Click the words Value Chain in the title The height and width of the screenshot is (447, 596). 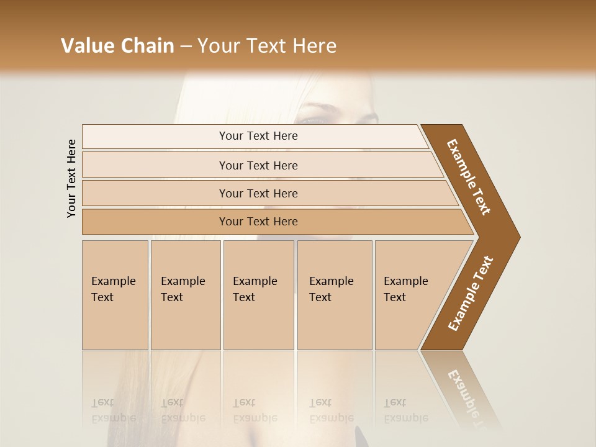[x=117, y=46]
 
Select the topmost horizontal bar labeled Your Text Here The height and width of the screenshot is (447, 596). [x=258, y=136]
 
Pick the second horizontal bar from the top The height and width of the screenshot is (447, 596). [x=258, y=165]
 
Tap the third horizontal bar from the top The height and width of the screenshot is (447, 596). [x=258, y=193]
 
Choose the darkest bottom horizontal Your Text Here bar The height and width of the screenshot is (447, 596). [x=258, y=222]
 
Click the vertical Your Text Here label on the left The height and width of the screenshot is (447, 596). [x=71, y=178]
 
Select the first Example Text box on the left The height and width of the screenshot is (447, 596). [x=115, y=295]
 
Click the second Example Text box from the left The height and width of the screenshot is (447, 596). [x=185, y=295]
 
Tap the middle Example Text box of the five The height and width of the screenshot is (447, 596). [x=258, y=295]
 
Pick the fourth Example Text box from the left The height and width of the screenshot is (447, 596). [x=334, y=295]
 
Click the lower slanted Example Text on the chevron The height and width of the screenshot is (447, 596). [x=471, y=294]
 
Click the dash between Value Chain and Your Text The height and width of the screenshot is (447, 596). [x=186, y=47]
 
